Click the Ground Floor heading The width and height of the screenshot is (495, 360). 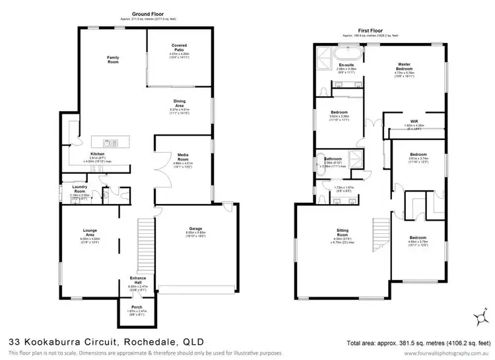(x=148, y=14)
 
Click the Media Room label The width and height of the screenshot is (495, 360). (x=183, y=156)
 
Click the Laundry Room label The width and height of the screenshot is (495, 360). (x=81, y=188)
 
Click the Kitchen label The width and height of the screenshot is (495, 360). (x=98, y=154)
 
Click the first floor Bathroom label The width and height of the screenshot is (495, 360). (x=333, y=159)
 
